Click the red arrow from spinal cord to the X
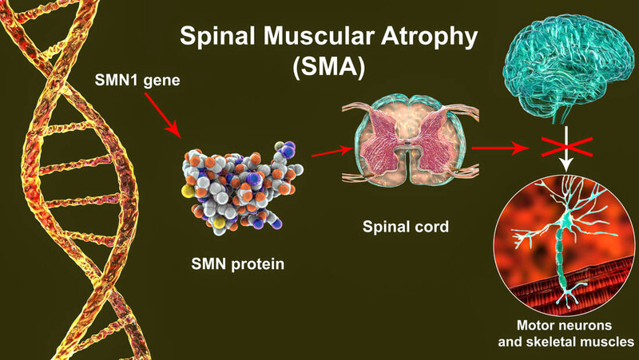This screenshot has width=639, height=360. pyautogui.click(x=494, y=148)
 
